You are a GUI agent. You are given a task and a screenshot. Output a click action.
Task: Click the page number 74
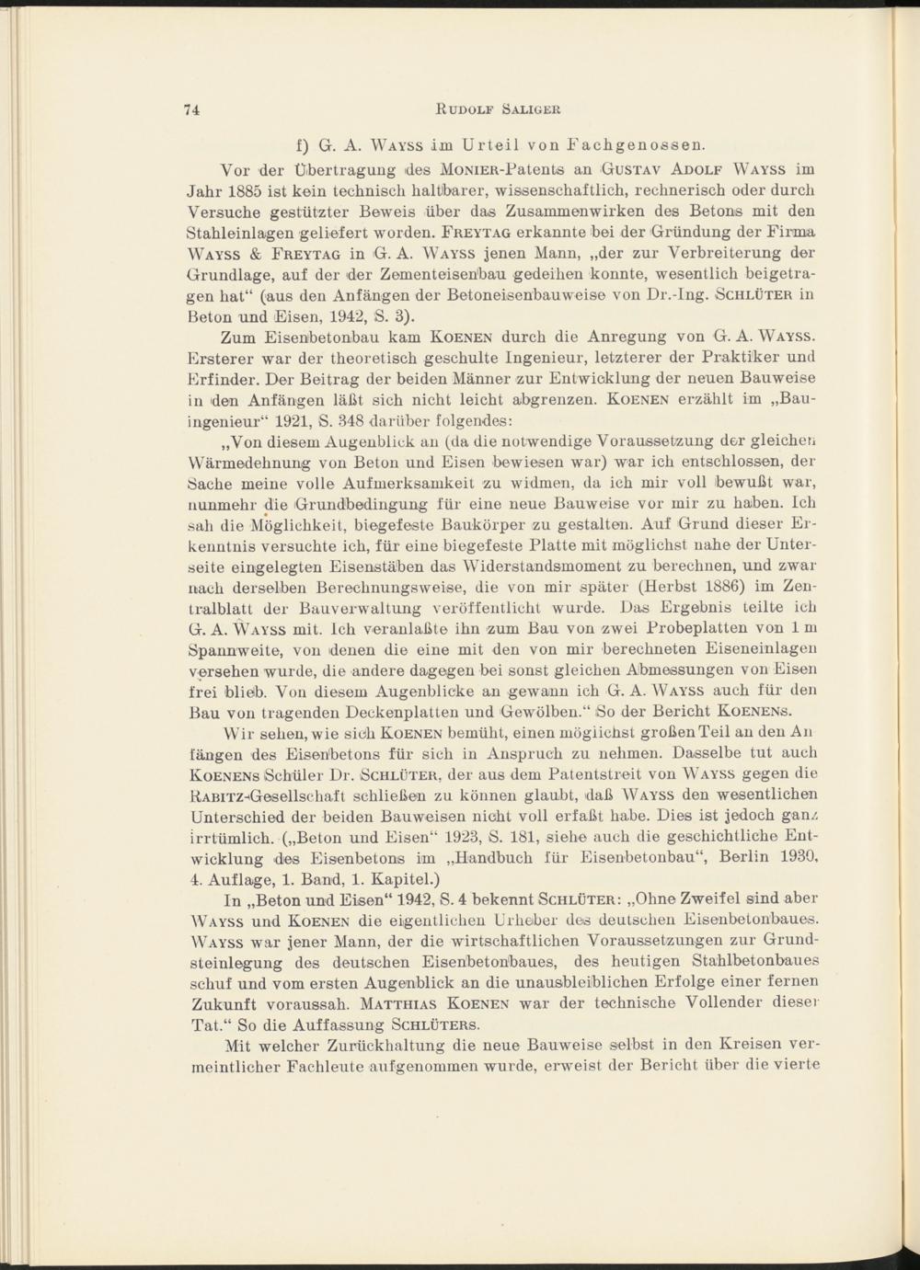192,109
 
